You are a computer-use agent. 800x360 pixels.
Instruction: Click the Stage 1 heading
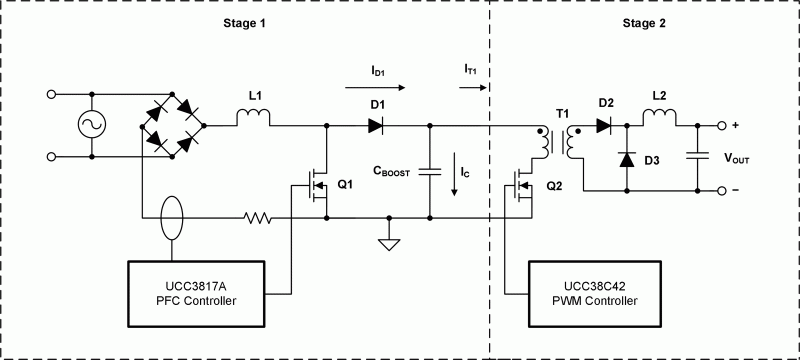[x=243, y=22]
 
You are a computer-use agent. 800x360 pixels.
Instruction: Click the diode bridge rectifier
[x=172, y=127]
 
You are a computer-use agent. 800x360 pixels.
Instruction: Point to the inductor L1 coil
[x=254, y=121]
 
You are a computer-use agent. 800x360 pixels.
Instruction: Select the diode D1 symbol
[x=375, y=126]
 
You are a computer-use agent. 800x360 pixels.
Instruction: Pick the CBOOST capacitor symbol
[x=430, y=171]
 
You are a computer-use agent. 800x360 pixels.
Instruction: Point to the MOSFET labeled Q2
[x=523, y=186]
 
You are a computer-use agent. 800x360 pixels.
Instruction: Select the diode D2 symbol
[x=603, y=126]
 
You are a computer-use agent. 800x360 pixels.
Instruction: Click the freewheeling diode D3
[x=627, y=158]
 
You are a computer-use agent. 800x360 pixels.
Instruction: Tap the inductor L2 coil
[x=658, y=121]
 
